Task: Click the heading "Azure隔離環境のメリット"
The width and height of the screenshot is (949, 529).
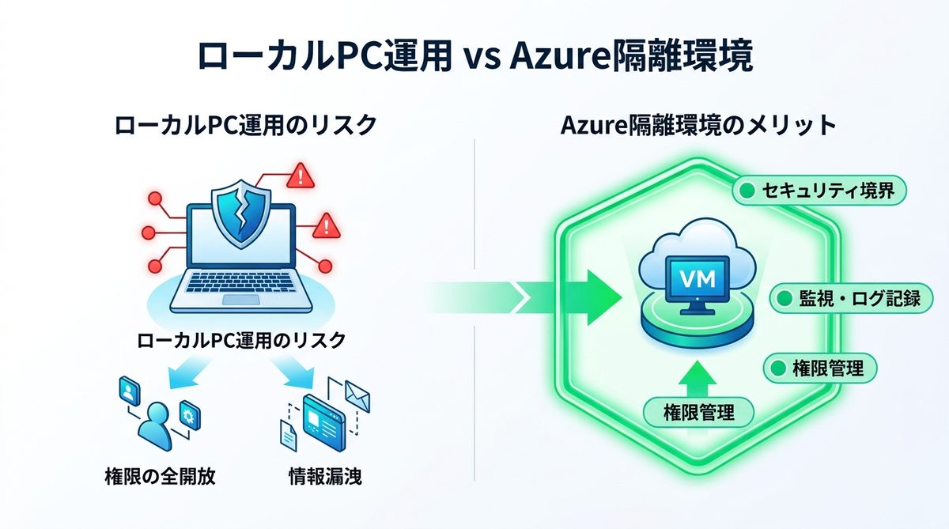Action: [x=698, y=126]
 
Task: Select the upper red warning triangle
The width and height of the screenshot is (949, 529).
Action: [x=301, y=175]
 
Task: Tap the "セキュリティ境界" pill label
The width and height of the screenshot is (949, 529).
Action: [x=819, y=191]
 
